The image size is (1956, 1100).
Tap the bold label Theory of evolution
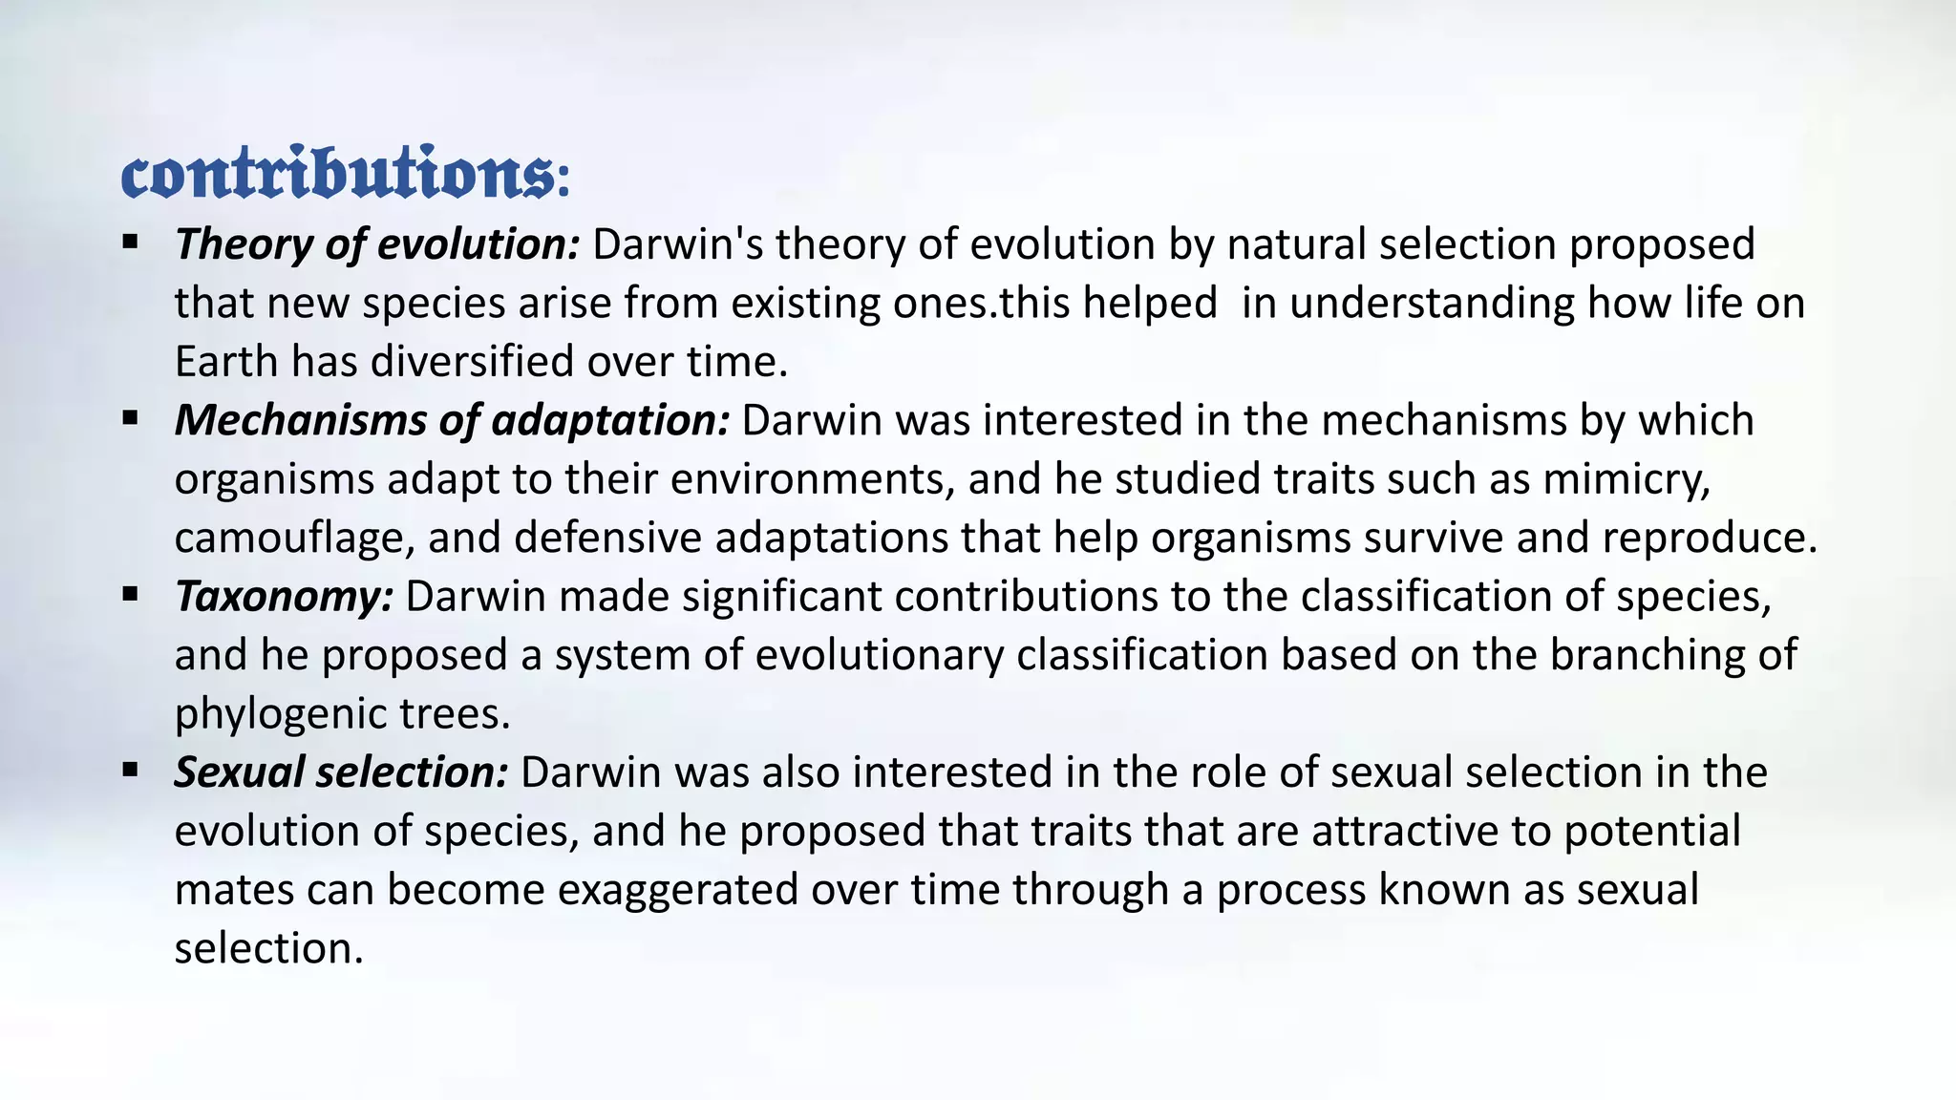point(376,244)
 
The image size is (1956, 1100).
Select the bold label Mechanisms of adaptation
point(452,420)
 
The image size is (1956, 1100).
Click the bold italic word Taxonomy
point(284,597)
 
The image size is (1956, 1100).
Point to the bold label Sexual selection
point(341,772)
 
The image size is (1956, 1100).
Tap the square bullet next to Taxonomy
point(131,594)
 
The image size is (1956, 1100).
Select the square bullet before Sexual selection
point(131,770)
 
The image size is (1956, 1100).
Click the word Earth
point(226,362)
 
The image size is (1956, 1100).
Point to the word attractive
point(1403,832)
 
